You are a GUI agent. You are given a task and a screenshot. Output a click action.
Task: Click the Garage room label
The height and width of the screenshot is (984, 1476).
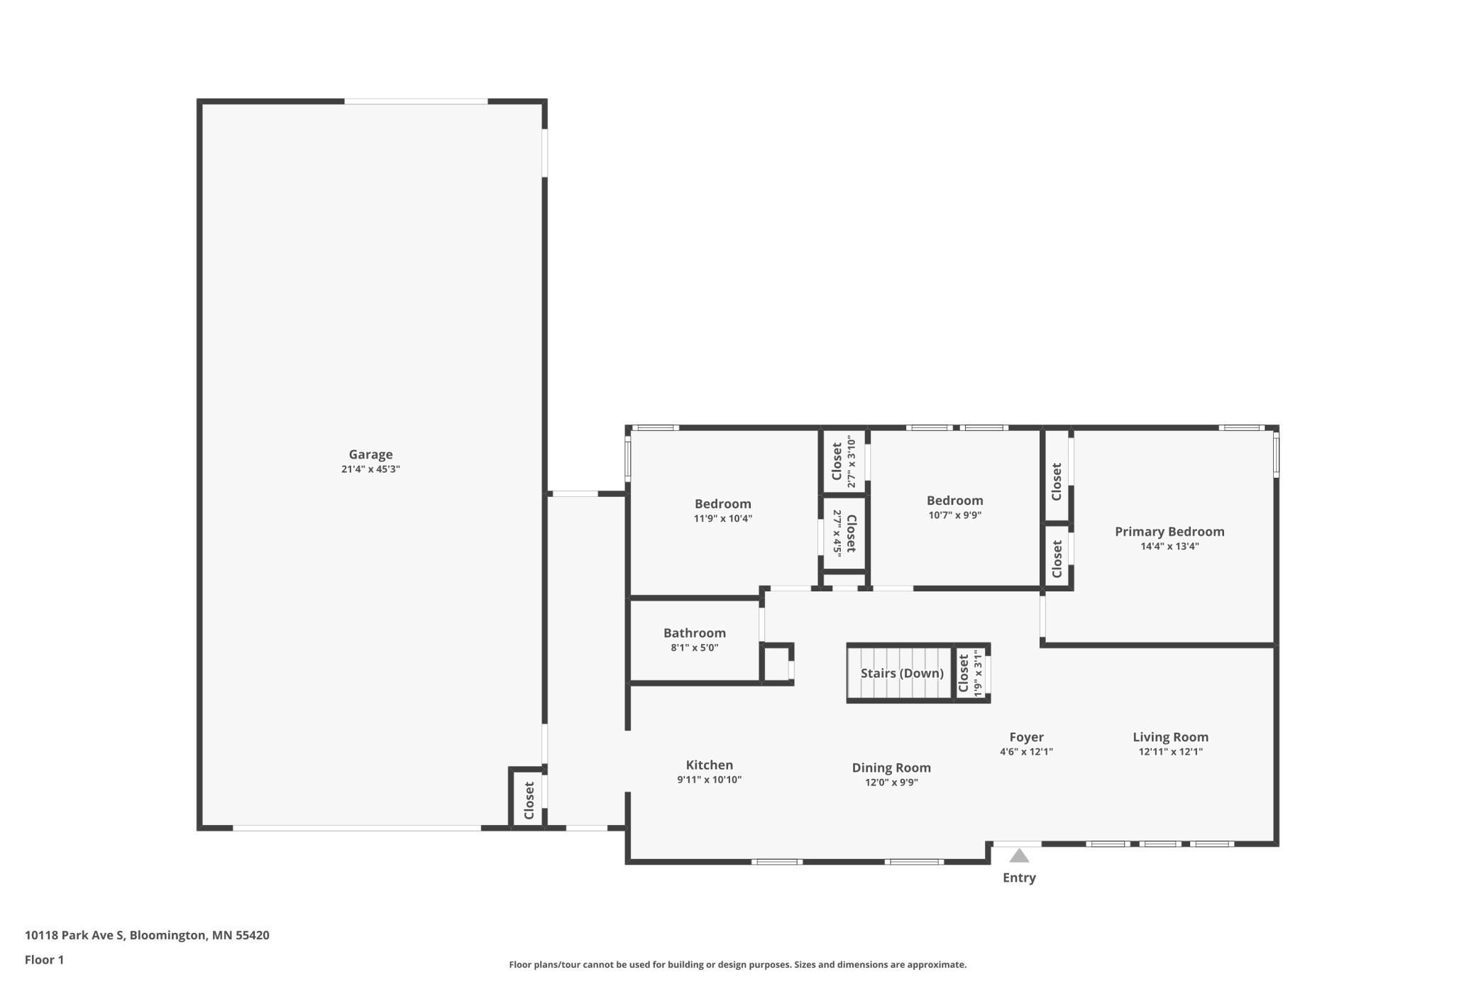click(x=370, y=454)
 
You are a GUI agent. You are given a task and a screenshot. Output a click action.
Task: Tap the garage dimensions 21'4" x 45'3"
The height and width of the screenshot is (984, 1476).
click(x=370, y=469)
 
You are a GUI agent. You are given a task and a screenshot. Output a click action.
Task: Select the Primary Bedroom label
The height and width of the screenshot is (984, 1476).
click(x=1169, y=532)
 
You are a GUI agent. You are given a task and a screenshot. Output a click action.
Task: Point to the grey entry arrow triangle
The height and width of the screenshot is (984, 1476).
click(x=1019, y=855)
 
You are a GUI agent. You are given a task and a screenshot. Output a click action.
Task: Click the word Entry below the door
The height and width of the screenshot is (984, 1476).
click(x=1019, y=878)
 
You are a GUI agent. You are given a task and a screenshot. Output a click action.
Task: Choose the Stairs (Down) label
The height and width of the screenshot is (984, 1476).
click(x=902, y=673)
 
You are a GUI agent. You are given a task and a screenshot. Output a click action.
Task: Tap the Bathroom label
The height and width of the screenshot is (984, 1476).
click(x=695, y=633)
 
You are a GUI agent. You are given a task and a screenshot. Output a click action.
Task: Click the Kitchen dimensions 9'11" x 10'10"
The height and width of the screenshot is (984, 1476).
click(x=709, y=780)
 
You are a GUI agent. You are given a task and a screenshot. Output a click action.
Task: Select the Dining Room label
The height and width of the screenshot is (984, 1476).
click(x=891, y=767)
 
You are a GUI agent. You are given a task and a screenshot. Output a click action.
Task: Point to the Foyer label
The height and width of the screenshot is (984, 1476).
click(x=1026, y=737)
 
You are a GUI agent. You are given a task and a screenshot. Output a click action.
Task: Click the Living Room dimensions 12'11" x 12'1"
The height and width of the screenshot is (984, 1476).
click(x=1170, y=752)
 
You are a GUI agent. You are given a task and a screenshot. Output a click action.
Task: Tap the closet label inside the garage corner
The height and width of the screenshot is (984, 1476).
click(x=529, y=800)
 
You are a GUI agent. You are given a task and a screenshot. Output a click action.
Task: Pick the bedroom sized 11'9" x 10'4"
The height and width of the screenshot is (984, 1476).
click(x=722, y=504)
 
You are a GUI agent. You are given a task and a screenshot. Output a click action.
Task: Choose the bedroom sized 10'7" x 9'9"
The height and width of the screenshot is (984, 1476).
click(x=954, y=501)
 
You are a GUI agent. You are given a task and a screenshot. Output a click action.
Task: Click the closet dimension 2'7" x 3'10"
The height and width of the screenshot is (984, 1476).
click(x=852, y=461)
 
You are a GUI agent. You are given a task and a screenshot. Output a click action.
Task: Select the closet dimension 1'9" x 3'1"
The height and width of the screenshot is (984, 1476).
click(x=978, y=673)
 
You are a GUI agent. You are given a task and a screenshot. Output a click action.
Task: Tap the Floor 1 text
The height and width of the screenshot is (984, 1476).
click(x=44, y=960)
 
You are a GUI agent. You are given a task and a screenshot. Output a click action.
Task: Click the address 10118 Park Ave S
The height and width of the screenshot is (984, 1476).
click(x=75, y=935)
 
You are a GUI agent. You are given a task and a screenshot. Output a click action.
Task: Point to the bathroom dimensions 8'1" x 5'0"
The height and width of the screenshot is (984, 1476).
click(x=695, y=647)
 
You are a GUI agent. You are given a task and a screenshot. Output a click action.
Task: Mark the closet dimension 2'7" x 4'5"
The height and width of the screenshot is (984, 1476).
click(x=837, y=532)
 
